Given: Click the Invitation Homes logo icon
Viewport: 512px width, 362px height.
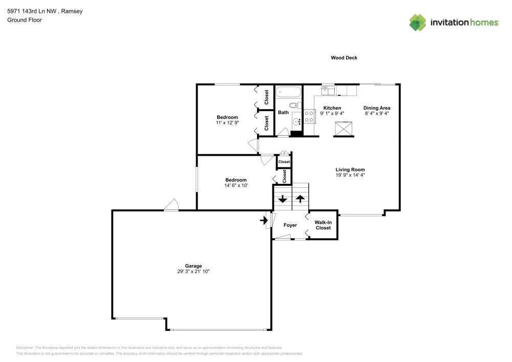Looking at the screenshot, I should click(418, 22).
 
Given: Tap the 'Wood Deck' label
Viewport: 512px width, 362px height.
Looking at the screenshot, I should click(344, 58).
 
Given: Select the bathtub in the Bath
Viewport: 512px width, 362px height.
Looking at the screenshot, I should click(288, 93).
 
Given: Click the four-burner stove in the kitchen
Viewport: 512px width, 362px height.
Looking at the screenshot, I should click(309, 117).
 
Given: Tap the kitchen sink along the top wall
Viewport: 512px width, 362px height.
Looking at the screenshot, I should click(328, 90).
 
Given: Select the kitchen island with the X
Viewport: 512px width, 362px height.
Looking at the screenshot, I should click(344, 128).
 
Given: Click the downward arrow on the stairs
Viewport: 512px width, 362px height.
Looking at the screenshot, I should click(282, 199).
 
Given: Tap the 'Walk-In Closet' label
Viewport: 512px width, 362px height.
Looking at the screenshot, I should click(323, 225).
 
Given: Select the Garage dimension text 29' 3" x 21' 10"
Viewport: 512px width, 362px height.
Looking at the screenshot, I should click(194, 271).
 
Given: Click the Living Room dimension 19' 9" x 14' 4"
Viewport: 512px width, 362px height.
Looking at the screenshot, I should click(350, 175).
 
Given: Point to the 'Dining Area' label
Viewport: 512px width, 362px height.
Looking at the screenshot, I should click(377, 108).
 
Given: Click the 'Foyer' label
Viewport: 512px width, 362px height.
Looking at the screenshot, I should click(290, 225).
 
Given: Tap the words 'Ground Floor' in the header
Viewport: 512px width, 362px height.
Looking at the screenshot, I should click(25, 20).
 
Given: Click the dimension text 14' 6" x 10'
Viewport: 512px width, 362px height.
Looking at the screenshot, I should click(236, 185).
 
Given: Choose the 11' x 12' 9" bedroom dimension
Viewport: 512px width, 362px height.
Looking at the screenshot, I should click(227, 123).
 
